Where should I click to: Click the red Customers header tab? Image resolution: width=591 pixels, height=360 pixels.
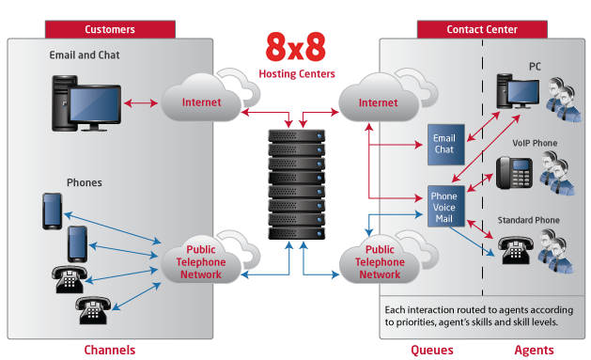click(x=110, y=29)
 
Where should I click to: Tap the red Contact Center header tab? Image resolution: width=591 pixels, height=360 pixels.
click(x=482, y=29)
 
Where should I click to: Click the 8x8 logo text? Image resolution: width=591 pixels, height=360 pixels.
click(x=295, y=47)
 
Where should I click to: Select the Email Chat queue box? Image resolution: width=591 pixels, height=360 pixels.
click(x=446, y=145)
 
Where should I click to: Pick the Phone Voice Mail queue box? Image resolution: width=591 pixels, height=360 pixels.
click(x=446, y=206)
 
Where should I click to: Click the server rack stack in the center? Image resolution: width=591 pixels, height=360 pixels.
click(x=297, y=184)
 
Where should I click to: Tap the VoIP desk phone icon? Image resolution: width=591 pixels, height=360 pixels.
click(x=514, y=173)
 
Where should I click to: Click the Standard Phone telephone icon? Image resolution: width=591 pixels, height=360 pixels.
click(x=515, y=250)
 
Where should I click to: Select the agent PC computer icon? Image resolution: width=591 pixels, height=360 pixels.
click(x=518, y=91)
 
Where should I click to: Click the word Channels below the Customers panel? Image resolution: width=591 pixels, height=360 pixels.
click(x=110, y=350)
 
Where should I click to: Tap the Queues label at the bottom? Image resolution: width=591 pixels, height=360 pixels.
click(x=432, y=351)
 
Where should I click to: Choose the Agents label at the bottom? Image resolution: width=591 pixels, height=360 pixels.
click(x=534, y=351)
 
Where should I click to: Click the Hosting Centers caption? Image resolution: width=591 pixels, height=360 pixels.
click(x=297, y=73)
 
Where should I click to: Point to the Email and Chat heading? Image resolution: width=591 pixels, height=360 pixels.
click(x=85, y=55)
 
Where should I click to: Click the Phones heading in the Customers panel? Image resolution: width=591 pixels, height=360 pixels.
click(x=85, y=182)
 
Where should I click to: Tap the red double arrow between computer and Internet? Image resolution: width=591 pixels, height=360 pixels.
click(x=141, y=102)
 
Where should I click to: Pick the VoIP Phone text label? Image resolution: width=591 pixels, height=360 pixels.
click(x=535, y=143)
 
